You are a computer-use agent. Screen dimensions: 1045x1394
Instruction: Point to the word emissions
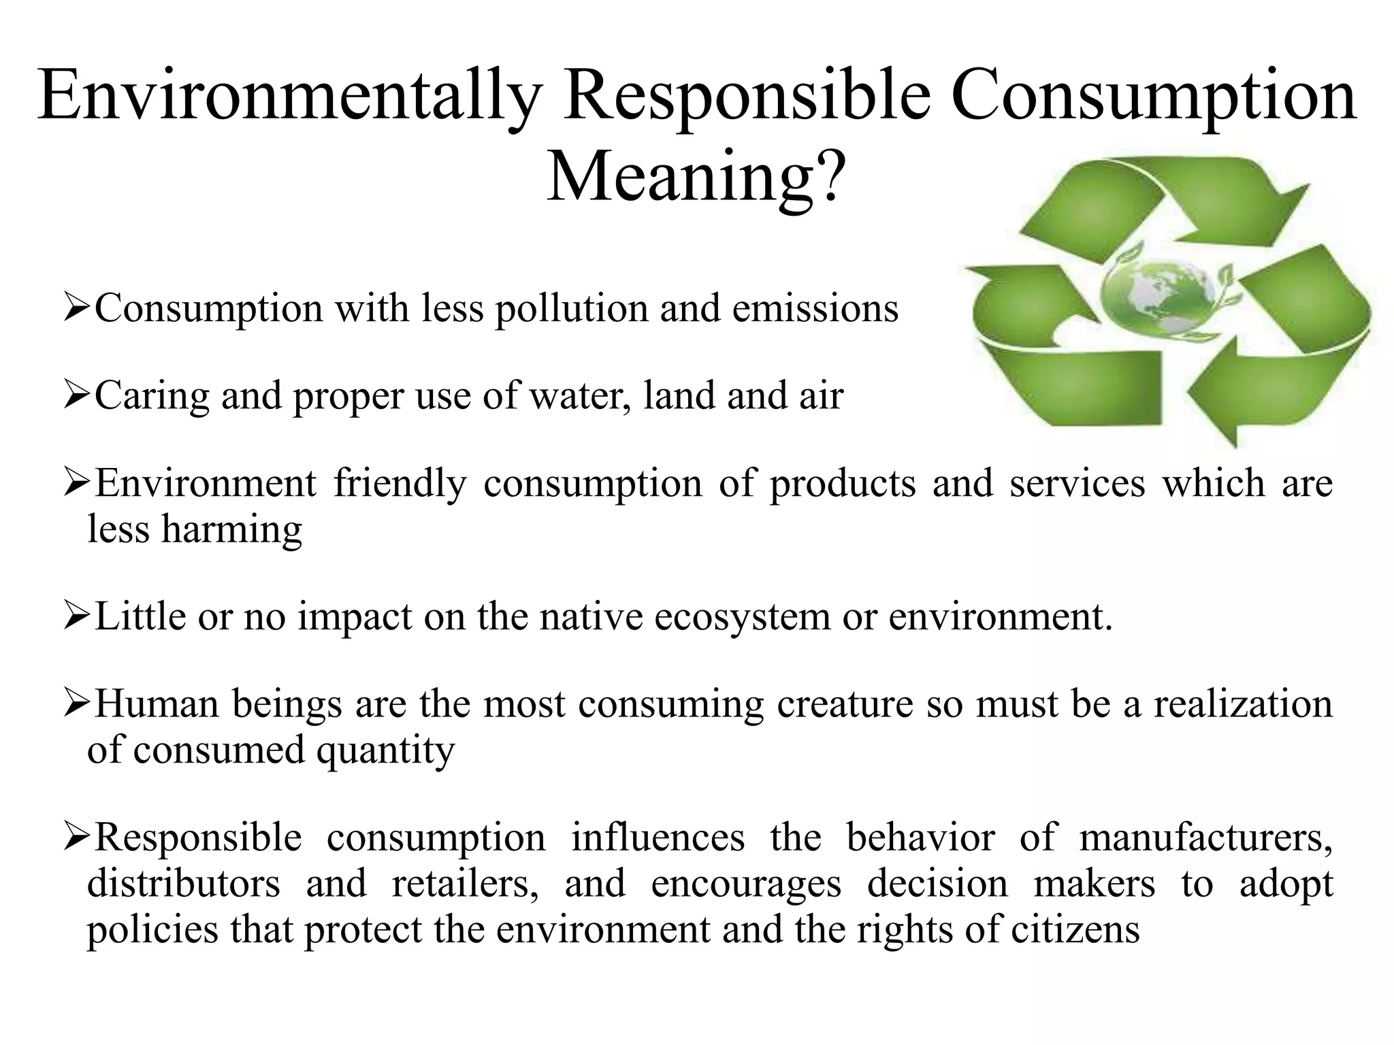815,309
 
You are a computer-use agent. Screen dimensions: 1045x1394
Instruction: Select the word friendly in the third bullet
400,484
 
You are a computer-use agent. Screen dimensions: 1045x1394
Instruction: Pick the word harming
231,530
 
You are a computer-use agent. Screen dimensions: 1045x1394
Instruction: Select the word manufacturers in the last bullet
1205,838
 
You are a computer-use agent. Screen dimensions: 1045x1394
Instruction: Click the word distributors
184,884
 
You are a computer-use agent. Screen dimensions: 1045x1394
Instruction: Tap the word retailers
466,884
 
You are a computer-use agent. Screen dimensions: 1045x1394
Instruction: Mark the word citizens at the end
1075,931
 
